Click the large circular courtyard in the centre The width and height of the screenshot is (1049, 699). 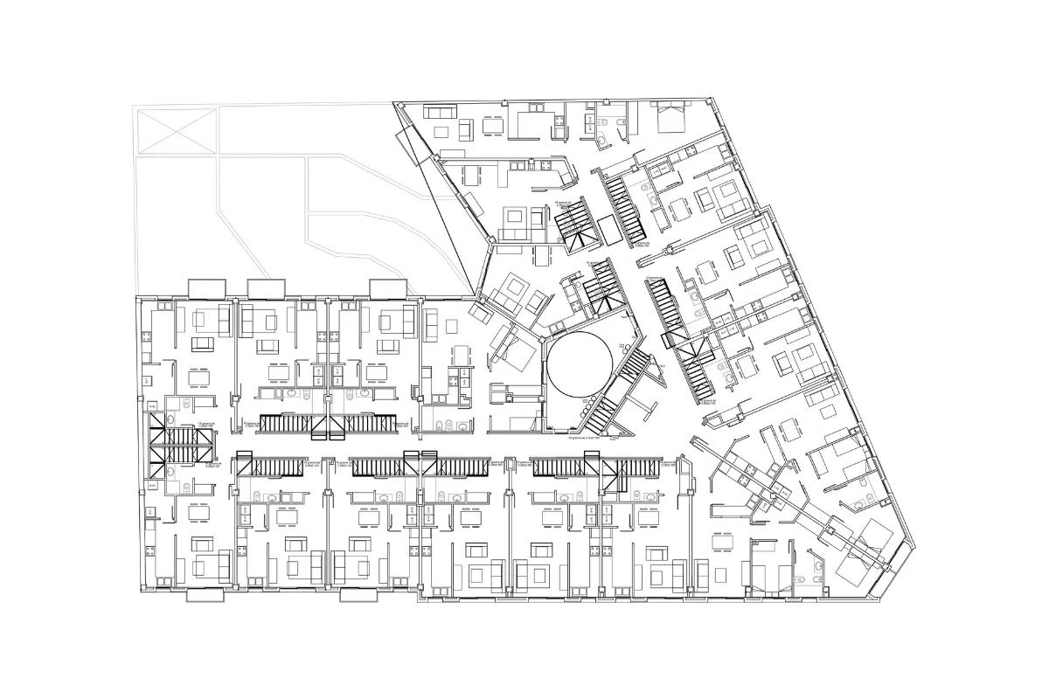coord(578,360)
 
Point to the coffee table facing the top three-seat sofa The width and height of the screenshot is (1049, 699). coord(440,130)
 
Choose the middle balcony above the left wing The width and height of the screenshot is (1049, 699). coord(267,287)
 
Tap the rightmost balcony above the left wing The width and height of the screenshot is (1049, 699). coord(387,287)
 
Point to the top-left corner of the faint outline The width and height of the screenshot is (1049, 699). coord(133,106)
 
